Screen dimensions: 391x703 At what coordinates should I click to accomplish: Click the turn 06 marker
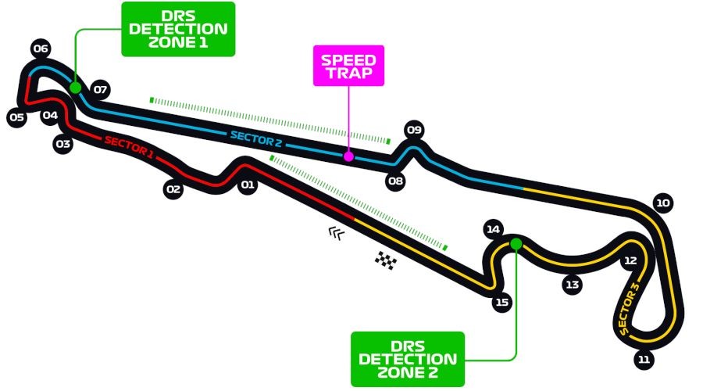pos(41,49)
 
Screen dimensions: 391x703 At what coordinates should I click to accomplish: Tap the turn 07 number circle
pos(100,89)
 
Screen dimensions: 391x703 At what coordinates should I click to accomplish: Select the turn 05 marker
pos(16,118)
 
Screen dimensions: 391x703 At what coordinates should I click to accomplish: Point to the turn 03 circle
pos(63,144)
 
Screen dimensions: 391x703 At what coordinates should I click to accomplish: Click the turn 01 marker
pos(248,185)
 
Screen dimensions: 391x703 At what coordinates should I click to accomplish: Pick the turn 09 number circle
pos(414,130)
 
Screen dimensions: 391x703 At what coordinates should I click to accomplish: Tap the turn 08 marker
pos(396,181)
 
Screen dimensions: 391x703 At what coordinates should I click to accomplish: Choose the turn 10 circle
pos(663,203)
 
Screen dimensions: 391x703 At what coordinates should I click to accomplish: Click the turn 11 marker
pos(644,360)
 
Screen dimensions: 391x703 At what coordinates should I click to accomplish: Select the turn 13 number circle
pos(573,285)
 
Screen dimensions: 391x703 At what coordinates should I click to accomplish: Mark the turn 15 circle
pos(502,302)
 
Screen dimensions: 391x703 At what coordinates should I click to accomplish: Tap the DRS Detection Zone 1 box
pos(178,29)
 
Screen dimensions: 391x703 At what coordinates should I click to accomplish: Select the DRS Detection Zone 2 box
pos(408,359)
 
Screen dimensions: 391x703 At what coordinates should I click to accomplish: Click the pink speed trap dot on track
pos(348,156)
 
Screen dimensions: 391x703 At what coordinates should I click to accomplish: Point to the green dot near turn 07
pos(76,88)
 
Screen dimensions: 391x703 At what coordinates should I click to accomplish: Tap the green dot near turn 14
pos(516,244)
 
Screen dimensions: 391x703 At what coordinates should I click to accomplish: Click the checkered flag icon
pos(385,260)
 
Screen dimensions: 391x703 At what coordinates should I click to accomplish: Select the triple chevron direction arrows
pos(336,231)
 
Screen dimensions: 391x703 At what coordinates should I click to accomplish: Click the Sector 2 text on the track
pos(255,139)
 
